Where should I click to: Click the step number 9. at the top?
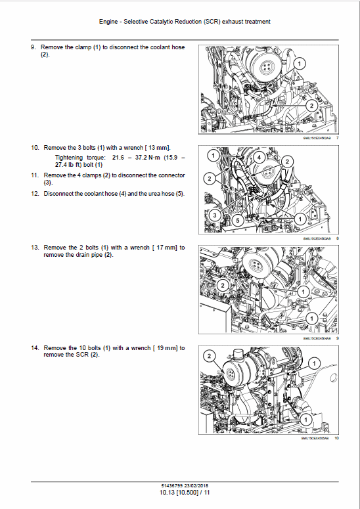[x=35, y=48]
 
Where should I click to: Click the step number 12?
[x=35, y=194]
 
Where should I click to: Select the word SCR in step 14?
[x=83, y=355]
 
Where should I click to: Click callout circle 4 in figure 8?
[x=259, y=158]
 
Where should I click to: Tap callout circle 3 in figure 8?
[x=213, y=215]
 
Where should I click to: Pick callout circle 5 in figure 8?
[x=238, y=221]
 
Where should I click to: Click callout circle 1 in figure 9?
[x=303, y=289]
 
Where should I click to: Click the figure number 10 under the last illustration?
[x=336, y=438]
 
